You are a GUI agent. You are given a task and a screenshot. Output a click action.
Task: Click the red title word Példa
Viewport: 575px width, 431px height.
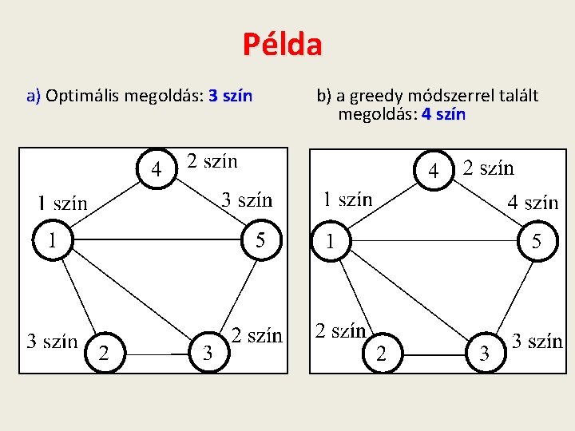click(283, 45)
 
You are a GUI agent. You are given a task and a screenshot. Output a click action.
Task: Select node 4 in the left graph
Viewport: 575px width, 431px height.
click(158, 169)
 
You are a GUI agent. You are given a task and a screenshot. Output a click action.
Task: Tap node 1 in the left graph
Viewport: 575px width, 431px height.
click(53, 239)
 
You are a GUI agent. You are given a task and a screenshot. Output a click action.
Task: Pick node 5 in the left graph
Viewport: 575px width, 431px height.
click(261, 239)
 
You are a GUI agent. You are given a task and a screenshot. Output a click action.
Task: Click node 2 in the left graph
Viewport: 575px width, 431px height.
click(103, 353)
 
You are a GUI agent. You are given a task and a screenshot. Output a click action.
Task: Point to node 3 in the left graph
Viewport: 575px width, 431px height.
click(208, 353)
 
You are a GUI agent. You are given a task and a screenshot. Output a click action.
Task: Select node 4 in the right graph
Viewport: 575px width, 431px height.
click(434, 169)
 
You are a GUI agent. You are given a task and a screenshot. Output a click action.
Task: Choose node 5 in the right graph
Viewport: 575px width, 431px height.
click(537, 239)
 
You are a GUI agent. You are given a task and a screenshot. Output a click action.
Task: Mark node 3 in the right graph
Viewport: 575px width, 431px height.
click(483, 353)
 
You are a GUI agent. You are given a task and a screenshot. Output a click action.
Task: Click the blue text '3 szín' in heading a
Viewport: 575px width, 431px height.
click(230, 97)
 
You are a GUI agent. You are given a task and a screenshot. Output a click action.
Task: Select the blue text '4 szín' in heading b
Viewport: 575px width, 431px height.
click(443, 114)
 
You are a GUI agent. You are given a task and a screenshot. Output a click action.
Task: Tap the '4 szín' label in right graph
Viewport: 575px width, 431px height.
click(533, 202)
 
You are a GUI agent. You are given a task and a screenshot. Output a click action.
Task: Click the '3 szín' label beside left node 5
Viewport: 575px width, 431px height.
click(247, 200)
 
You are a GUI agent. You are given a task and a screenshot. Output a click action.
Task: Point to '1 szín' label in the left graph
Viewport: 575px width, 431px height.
click(62, 203)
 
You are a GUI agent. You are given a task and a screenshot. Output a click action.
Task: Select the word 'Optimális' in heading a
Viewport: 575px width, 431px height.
click(81, 97)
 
